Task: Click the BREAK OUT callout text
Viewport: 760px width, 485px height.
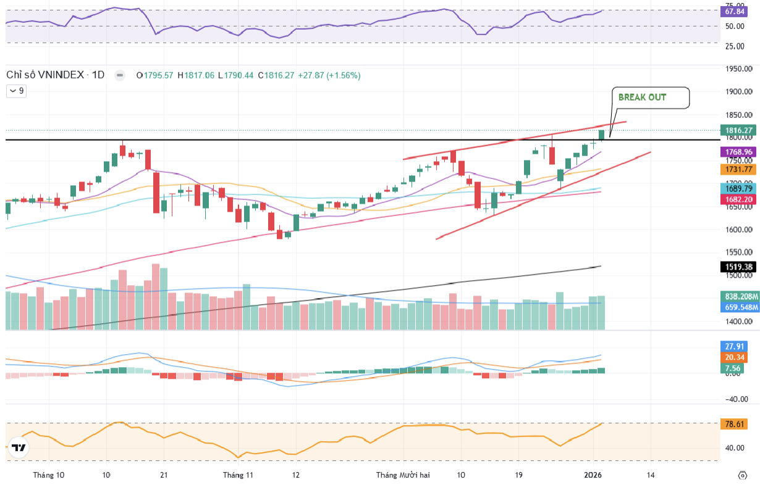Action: tap(642, 97)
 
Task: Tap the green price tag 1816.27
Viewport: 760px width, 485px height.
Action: tap(738, 130)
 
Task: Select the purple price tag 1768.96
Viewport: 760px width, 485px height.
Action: tap(738, 152)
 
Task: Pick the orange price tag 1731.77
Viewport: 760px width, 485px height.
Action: tap(738, 169)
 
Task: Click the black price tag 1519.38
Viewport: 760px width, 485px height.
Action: tap(738, 267)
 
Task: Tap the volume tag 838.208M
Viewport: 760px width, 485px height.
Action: tap(741, 296)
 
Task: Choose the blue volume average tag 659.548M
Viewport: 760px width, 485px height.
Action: tap(741, 307)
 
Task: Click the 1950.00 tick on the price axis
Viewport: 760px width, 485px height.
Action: tap(739, 69)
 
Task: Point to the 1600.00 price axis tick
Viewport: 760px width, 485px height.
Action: tap(739, 230)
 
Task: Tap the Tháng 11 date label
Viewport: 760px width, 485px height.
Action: tap(238, 475)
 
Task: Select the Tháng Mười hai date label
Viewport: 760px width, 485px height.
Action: tap(403, 475)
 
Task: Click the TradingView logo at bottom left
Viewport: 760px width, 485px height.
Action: tap(19, 448)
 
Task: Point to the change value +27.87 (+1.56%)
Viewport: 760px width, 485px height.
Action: tap(329, 75)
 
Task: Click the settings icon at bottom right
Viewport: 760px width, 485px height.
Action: tap(743, 475)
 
